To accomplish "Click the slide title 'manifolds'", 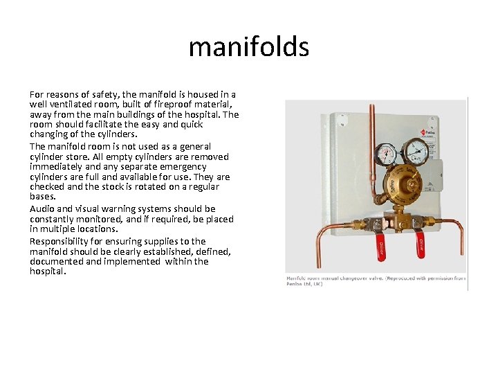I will [248, 47].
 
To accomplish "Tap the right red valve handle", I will [419, 244].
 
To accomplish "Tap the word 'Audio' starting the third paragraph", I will [42, 208].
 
